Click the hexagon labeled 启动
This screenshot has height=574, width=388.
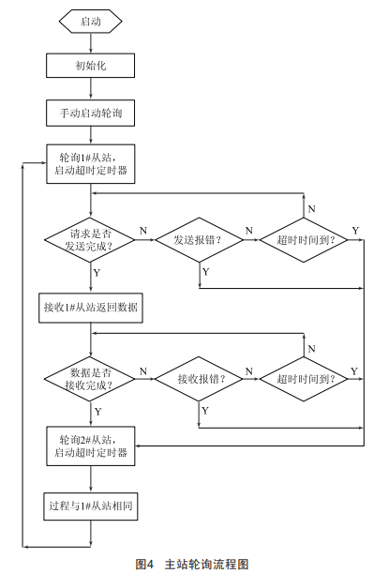click(x=90, y=22)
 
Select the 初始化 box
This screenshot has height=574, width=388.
click(x=90, y=66)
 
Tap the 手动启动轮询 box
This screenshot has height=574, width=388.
click(x=90, y=113)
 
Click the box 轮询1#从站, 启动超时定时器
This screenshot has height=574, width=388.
click(x=91, y=164)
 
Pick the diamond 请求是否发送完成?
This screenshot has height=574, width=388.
click(x=90, y=240)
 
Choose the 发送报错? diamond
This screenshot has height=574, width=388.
click(x=200, y=240)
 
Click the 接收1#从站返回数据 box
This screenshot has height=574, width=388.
click(x=91, y=308)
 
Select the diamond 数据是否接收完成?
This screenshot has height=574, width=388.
click(x=90, y=379)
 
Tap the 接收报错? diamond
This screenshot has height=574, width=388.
click(x=199, y=379)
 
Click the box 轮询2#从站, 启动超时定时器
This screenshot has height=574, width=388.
click(x=91, y=446)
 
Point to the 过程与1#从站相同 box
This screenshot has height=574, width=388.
click(x=91, y=506)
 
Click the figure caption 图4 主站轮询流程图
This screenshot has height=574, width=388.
click(x=192, y=564)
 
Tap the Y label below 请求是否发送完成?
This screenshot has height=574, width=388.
click(x=97, y=273)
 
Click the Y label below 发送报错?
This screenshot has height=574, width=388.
click(x=206, y=272)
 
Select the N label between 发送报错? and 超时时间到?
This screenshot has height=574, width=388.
click(x=249, y=231)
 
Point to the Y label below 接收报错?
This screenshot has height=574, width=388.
click(x=205, y=411)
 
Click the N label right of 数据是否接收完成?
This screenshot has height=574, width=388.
click(x=143, y=371)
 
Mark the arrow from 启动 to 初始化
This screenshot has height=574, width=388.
click(x=90, y=43)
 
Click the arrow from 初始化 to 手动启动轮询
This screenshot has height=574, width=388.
click(x=90, y=88)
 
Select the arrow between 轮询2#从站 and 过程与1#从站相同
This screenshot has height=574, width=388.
click(x=90, y=479)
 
